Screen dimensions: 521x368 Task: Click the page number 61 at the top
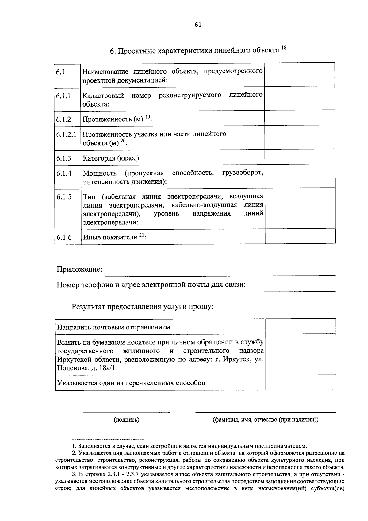(198, 25)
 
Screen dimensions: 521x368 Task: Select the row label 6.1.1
(63, 96)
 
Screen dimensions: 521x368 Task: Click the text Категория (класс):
(112, 158)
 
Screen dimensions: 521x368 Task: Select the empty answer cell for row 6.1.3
(300, 157)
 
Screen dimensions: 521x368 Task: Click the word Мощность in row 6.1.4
(100, 173)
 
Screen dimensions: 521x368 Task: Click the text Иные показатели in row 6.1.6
(110, 237)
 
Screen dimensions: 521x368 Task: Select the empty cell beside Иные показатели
(300, 237)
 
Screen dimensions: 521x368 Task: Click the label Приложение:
(79, 270)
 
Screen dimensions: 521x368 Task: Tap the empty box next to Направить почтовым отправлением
(301, 326)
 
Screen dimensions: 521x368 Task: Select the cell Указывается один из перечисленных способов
(131, 383)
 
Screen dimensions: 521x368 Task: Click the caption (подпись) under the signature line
(126, 420)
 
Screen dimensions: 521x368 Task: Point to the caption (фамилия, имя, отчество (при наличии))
(266, 420)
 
